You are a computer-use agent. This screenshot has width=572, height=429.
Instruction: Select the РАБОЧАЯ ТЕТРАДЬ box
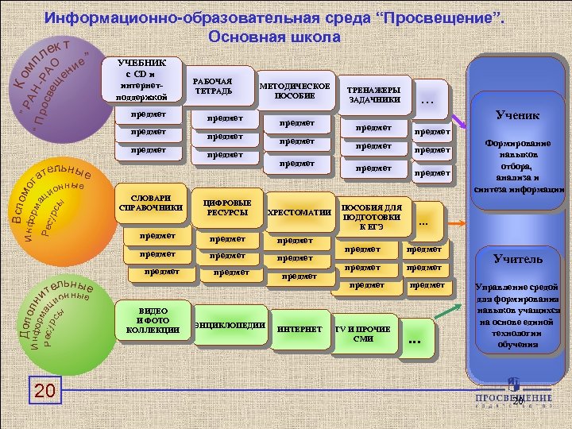pyautogui.click(x=212, y=86)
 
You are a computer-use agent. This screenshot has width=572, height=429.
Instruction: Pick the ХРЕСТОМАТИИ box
pyautogui.click(x=300, y=212)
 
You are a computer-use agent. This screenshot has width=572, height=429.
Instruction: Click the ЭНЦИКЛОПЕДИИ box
pyautogui.click(x=230, y=326)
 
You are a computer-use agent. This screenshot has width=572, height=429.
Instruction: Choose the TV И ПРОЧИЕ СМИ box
pyautogui.click(x=362, y=333)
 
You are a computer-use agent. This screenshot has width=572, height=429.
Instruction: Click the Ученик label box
pyautogui.click(x=517, y=116)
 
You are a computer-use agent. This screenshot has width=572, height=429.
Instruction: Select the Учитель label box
pyautogui.click(x=518, y=259)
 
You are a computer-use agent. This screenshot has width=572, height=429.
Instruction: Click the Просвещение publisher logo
pyautogui.click(x=514, y=392)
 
